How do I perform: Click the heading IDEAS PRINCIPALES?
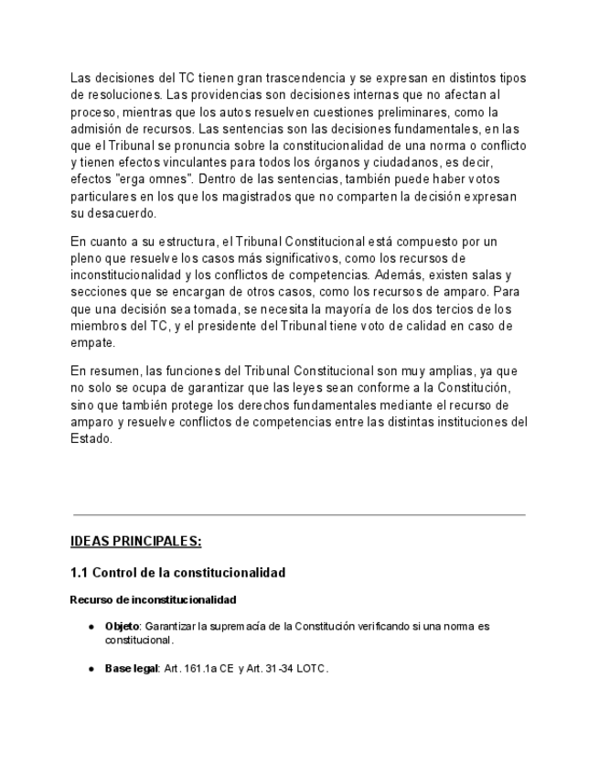(x=135, y=542)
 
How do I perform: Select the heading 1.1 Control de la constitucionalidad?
(x=177, y=573)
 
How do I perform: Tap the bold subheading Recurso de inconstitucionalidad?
(x=153, y=600)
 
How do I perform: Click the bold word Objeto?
(x=122, y=627)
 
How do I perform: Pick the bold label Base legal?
(x=132, y=669)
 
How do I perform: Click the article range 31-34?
(x=281, y=669)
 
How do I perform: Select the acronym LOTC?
(x=312, y=669)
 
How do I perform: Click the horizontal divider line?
(x=299, y=515)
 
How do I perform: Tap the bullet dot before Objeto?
(x=91, y=628)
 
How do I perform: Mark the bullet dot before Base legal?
(x=91, y=670)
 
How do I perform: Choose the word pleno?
(x=88, y=259)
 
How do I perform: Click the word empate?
(x=92, y=343)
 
